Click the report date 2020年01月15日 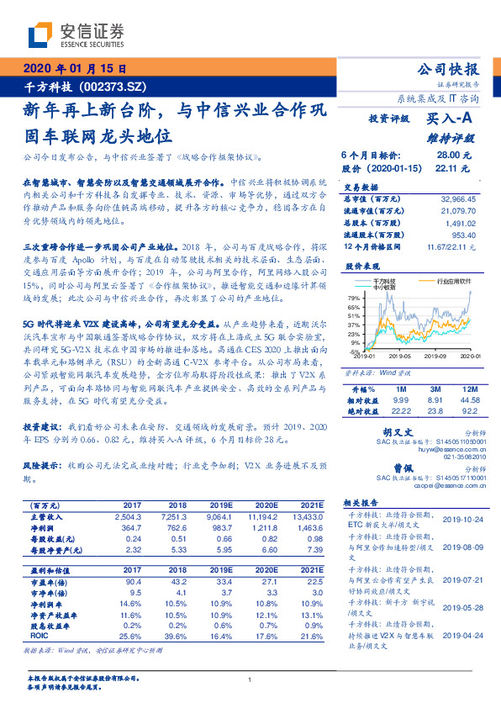(x=75, y=70)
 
